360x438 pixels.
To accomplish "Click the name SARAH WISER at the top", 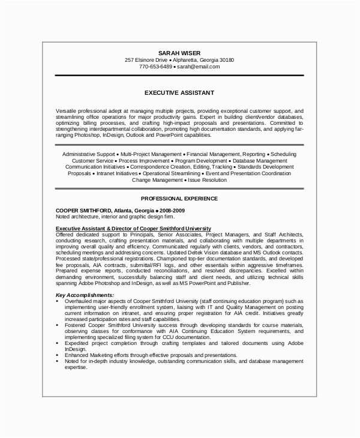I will click(179, 52).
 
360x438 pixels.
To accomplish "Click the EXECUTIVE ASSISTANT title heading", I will click(179, 93).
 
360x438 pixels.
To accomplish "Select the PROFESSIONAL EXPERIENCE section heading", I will click(179, 197).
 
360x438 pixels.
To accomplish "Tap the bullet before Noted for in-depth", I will click(59, 361).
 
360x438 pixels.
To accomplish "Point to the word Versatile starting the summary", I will click(67, 111).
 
